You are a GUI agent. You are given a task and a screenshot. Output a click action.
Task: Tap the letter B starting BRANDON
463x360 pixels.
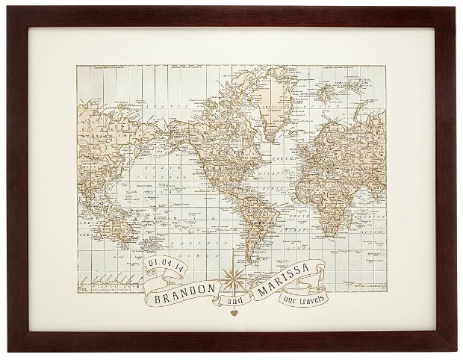(157, 295)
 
